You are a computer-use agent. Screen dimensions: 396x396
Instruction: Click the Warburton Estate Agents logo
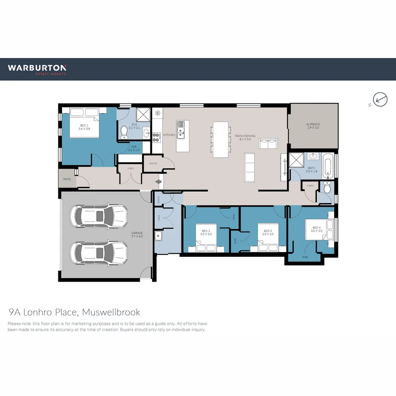[37, 69]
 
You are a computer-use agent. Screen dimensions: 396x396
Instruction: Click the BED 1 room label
[84, 127]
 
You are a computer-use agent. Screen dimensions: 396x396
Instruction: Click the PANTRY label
[153, 164]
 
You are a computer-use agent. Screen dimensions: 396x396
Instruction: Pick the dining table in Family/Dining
[221, 139]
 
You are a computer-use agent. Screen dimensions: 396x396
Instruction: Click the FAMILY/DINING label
[245, 137]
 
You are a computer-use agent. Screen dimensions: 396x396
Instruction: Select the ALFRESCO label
[313, 126]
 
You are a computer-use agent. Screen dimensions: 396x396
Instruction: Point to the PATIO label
[67, 179]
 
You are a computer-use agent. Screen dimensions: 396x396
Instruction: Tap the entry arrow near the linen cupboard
[159, 181]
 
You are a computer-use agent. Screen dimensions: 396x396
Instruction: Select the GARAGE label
[137, 235]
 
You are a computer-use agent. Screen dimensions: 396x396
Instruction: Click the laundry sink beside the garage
[158, 236]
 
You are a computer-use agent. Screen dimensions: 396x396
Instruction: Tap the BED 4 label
[316, 229]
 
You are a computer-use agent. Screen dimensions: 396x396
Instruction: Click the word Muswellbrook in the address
[111, 312]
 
